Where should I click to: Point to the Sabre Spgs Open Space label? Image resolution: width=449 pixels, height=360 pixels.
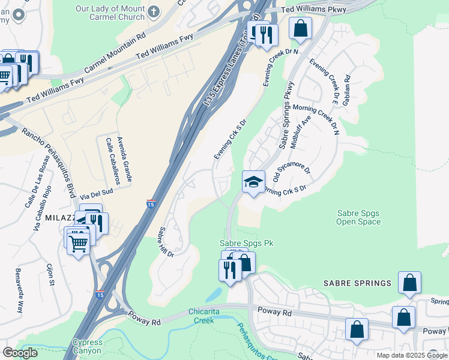click(358, 217)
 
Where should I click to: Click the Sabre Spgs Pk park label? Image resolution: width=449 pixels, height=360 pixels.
click(246, 243)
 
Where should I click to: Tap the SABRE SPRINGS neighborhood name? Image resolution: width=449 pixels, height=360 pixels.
click(357, 283)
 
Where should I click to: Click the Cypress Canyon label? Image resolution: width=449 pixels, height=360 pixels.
click(88, 347)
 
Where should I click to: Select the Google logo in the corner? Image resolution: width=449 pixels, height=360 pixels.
click(20, 353)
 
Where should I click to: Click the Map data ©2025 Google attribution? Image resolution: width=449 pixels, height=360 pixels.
click(411, 355)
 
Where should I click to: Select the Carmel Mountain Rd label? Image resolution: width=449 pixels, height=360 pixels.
click(115, 52)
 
